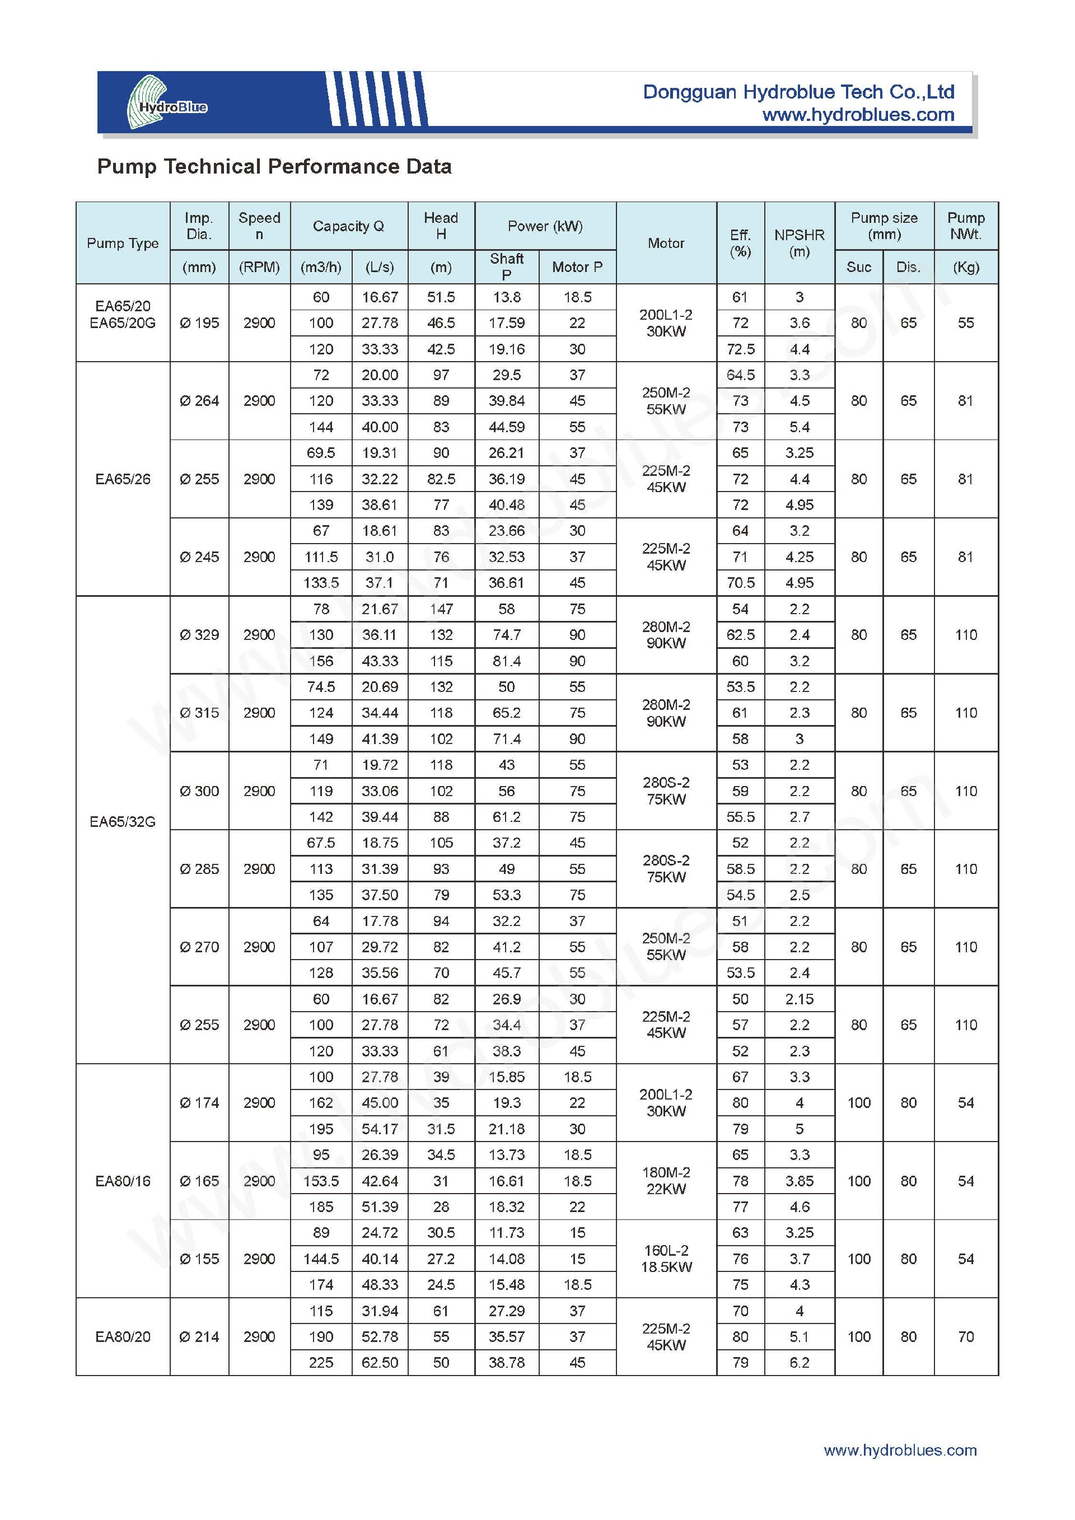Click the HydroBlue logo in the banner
pyautogui.click(x=166, y=102)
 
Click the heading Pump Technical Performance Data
pyautogui.click(x=274, y=166)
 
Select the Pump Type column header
pyautogui.click(x=123, y=243)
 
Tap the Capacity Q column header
pyautogui.click(x=348, y=226)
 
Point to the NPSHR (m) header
pyautogui.click(x=799, y=243)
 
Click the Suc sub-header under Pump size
pyautogui.click(x=858, y=267)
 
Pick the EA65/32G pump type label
pyautogui.click(x=123, y=821)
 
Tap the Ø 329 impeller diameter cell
pyautogui.click(x=199, y=635)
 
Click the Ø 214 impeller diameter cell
pyautogui.click(x=199, y=1336)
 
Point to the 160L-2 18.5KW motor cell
pyautogui.click(x=666, y=1259)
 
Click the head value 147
pyautogui.click(x=441, y=609)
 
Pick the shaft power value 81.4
pyautogui.click(x=506, y=661)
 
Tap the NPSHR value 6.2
pyautogui.click(x=799, y=1363)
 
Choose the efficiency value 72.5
pyautogui.click(x=740, y=349)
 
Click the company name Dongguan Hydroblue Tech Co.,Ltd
pyautogui.click(x=798, y=92)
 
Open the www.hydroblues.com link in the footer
pyautogui.click(x=900, y=1451)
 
